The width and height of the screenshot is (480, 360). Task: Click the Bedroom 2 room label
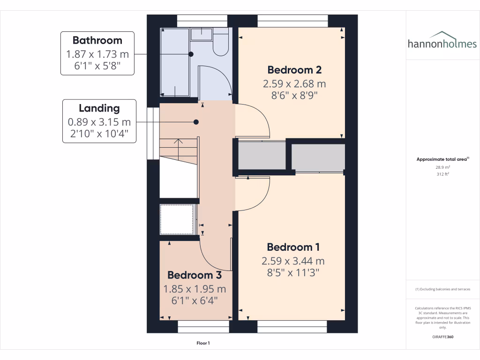(294, 70)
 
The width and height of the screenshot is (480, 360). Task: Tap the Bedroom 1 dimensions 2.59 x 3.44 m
(293, 261)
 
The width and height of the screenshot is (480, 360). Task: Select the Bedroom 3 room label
(195, 275)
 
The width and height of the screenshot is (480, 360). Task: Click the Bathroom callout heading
(97, 40)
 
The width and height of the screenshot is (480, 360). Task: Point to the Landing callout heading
(99, 108)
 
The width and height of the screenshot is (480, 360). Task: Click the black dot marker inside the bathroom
(191, 54)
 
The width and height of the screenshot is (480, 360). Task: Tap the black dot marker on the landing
(196, 122)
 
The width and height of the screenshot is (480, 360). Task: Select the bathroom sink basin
(202, 34)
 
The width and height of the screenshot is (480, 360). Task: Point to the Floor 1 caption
(203, 343)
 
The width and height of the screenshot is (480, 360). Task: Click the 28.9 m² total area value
(442, 167)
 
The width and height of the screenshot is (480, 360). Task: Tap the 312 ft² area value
(442, 174)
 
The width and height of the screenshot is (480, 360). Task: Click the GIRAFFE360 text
(442, 337)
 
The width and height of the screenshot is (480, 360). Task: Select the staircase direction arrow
(178, 142)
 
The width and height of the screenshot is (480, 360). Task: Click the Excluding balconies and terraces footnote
(442, 289)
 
